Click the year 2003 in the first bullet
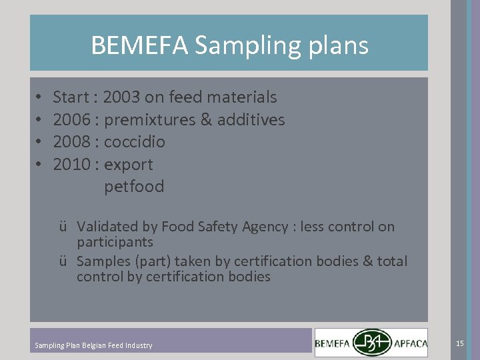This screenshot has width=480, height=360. point(121,97)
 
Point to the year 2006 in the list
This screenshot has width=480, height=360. point(70,120)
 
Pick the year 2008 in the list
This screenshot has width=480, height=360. point(70,142)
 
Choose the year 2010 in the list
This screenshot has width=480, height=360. point(70,164)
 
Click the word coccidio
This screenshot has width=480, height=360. point(135,142)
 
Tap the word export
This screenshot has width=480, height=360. point(129,165)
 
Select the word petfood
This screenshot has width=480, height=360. point(134,187)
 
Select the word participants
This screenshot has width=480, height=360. point(115,242)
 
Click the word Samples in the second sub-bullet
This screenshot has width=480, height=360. point(103,261)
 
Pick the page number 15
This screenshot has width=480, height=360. point(459,343)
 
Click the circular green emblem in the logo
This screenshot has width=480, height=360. point(372,343)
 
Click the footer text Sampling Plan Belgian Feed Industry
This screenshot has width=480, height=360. point(93,345)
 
